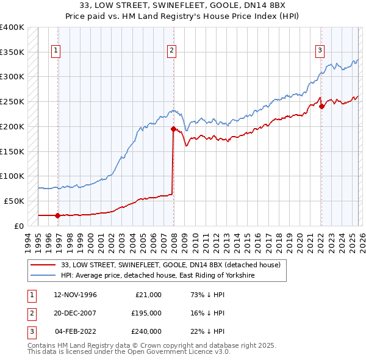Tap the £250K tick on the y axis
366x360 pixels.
point(12,101)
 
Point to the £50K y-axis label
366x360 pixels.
point(14,201)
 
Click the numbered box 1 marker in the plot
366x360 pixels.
point(56,51)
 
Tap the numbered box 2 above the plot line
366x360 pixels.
point(172,51)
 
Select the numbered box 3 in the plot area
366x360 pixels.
point(320,51)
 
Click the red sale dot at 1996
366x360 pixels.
point(57,215)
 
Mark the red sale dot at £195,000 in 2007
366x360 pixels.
point(173,129)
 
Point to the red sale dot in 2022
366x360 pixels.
point(321,106)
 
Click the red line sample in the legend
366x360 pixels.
point(43,265)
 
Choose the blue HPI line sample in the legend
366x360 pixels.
point(43,276)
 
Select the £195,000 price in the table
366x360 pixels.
point(146,313)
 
